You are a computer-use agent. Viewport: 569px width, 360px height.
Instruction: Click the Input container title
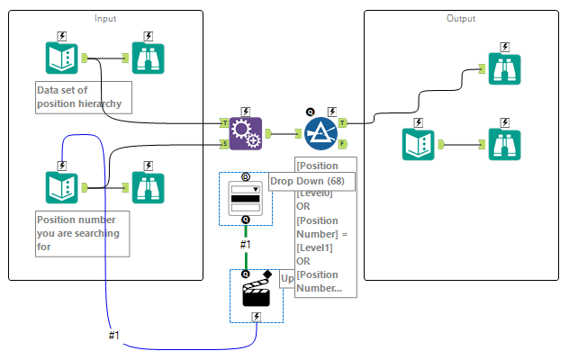(106, 18)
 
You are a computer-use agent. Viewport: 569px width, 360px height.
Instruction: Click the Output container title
(461, 18)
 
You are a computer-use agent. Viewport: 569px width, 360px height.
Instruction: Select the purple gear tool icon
(245, 133)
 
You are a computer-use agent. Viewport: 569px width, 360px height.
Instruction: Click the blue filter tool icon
(321, 133)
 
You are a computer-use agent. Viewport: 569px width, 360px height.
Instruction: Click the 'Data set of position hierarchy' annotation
(84, 97)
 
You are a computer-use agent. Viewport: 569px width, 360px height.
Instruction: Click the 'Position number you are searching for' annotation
(82, 233)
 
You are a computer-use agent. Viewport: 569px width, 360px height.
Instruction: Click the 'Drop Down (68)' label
(312, 181)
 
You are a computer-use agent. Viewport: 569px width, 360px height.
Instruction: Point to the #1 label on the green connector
(245, 244)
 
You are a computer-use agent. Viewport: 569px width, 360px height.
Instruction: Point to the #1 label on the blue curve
(114, 335)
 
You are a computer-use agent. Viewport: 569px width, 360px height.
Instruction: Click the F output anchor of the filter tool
(343, 143)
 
